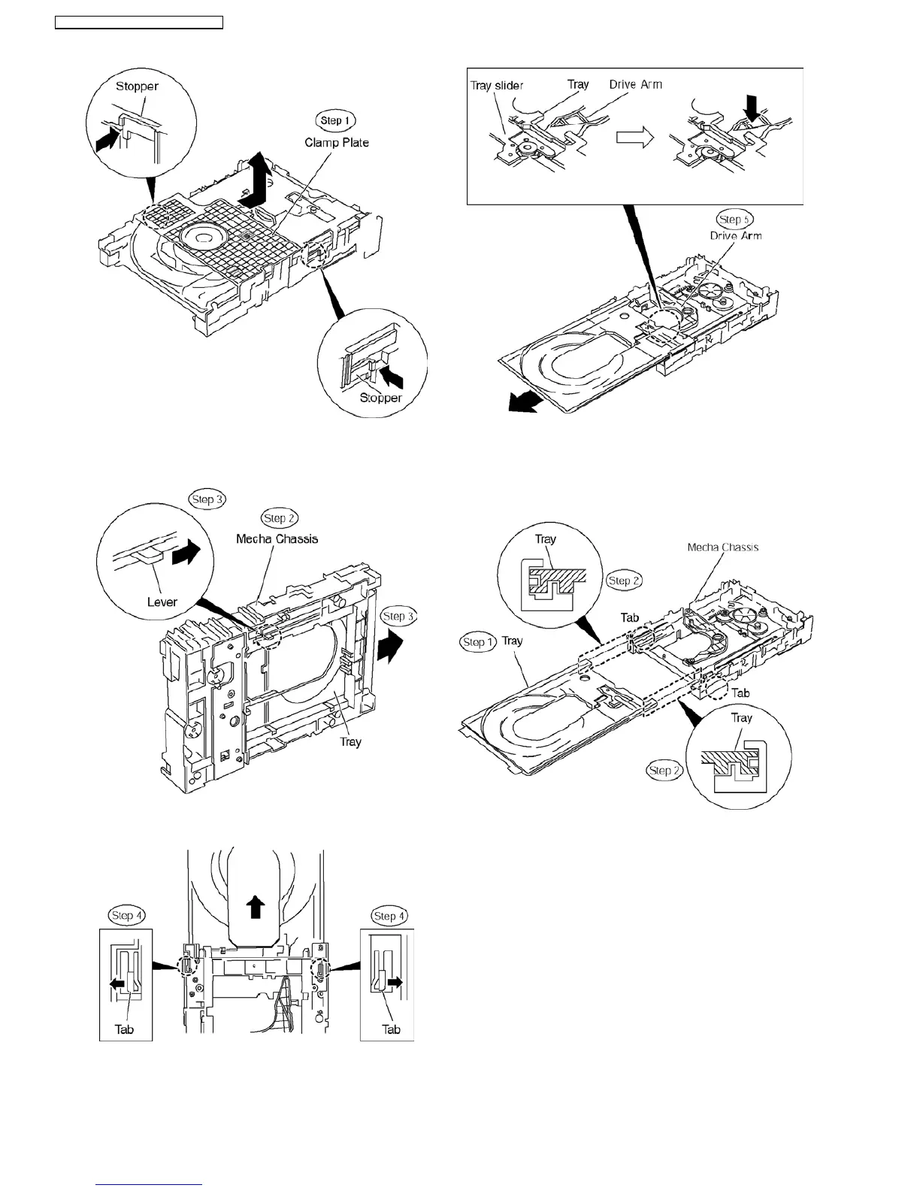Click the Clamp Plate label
point(336,142)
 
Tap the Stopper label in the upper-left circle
point(137,86)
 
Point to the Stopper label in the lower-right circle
point(380,398)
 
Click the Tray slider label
point(497,85)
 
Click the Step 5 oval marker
point(734,220)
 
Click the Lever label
point(162,602)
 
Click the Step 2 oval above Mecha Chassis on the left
point(279,518)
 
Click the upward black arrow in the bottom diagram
point(256,907)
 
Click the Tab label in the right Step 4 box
point(391,1029)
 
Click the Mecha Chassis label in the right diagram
point(722,547)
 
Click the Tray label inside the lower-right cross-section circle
point(741,718)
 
